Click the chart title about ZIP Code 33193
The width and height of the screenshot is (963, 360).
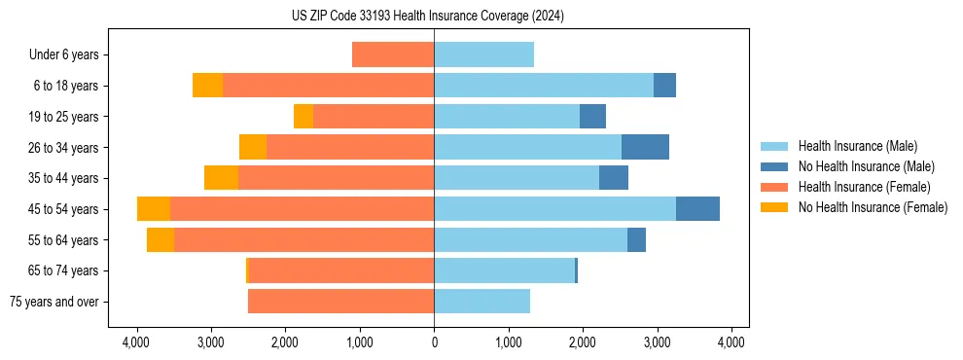coord(428,16)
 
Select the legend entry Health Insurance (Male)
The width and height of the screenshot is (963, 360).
coord(856,146)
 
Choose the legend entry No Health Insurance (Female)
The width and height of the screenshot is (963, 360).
coord(873,207)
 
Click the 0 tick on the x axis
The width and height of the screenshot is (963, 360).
coord(434,342)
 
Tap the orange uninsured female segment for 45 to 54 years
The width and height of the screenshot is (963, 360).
coord(154,209)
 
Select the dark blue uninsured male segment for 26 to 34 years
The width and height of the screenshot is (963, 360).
coord(645,147)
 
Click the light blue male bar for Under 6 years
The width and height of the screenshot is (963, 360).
coord(483,54)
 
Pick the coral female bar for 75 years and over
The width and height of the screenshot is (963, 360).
coord(340,302)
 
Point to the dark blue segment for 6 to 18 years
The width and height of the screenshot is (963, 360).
coord(664,86)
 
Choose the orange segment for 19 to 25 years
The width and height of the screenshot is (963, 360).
coord(303,117)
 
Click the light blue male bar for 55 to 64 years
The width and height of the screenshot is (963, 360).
coord(530,239)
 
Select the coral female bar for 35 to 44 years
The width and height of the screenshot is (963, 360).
coord(336,178)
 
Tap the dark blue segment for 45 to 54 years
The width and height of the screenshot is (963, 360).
coord(697,209)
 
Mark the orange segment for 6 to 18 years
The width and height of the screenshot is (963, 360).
coord(207,86)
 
